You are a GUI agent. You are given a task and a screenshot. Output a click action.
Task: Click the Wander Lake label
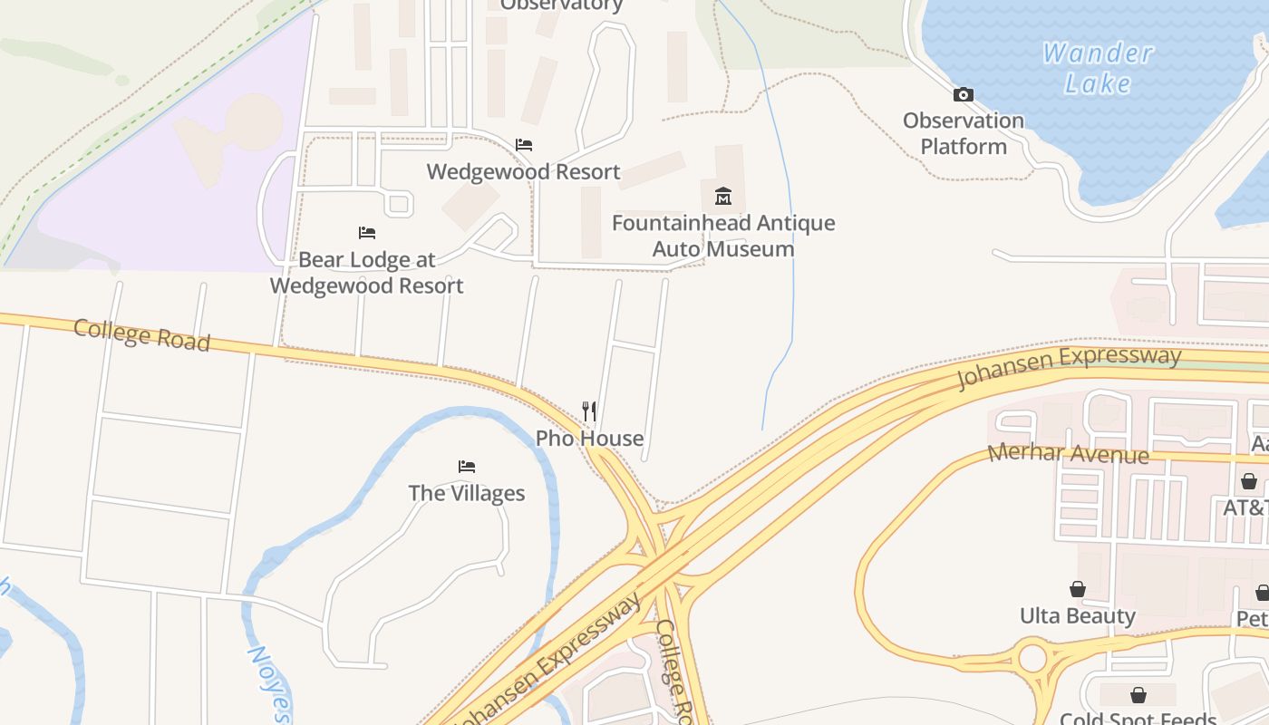click(x=1098, y=68)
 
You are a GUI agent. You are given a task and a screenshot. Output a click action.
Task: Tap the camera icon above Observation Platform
click(x=964, y=94)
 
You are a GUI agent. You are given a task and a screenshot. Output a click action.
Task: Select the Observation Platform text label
click(x=964, y=133)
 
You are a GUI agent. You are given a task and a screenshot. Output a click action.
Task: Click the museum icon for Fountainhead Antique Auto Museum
click(x=723, y=196)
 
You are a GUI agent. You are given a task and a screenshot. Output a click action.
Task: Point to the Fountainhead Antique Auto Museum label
click(x=723, y=236)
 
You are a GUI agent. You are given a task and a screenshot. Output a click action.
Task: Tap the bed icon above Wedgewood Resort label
click(x=524, y=145)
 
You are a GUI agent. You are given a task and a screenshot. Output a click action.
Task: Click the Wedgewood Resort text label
click(x=524, y=171)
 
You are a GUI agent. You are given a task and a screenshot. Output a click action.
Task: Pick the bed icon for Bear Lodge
click(x=367, y=233)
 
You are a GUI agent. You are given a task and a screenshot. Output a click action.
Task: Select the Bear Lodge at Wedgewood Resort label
click(x=367, y=272)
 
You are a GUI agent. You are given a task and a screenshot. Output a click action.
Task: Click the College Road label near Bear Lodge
click(x=141, y=334)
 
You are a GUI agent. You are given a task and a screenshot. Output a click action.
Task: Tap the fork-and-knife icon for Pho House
click(x=589, y=411)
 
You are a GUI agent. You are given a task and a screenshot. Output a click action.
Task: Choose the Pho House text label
click(x=589, y=439)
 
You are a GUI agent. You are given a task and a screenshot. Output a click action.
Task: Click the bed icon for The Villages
click(x=467, y=467)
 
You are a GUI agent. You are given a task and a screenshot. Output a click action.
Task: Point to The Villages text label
click(x=467, y=493)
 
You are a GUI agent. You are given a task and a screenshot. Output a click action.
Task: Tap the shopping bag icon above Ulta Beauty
click(x=1078, y=590)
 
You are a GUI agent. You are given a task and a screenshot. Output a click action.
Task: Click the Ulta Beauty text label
click(x=1078, y=616)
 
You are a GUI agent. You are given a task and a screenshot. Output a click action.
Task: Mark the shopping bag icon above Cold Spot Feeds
click(x=1138, y=695)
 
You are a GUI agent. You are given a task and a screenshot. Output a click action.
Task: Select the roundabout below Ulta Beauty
click(x=1032, y=658)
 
